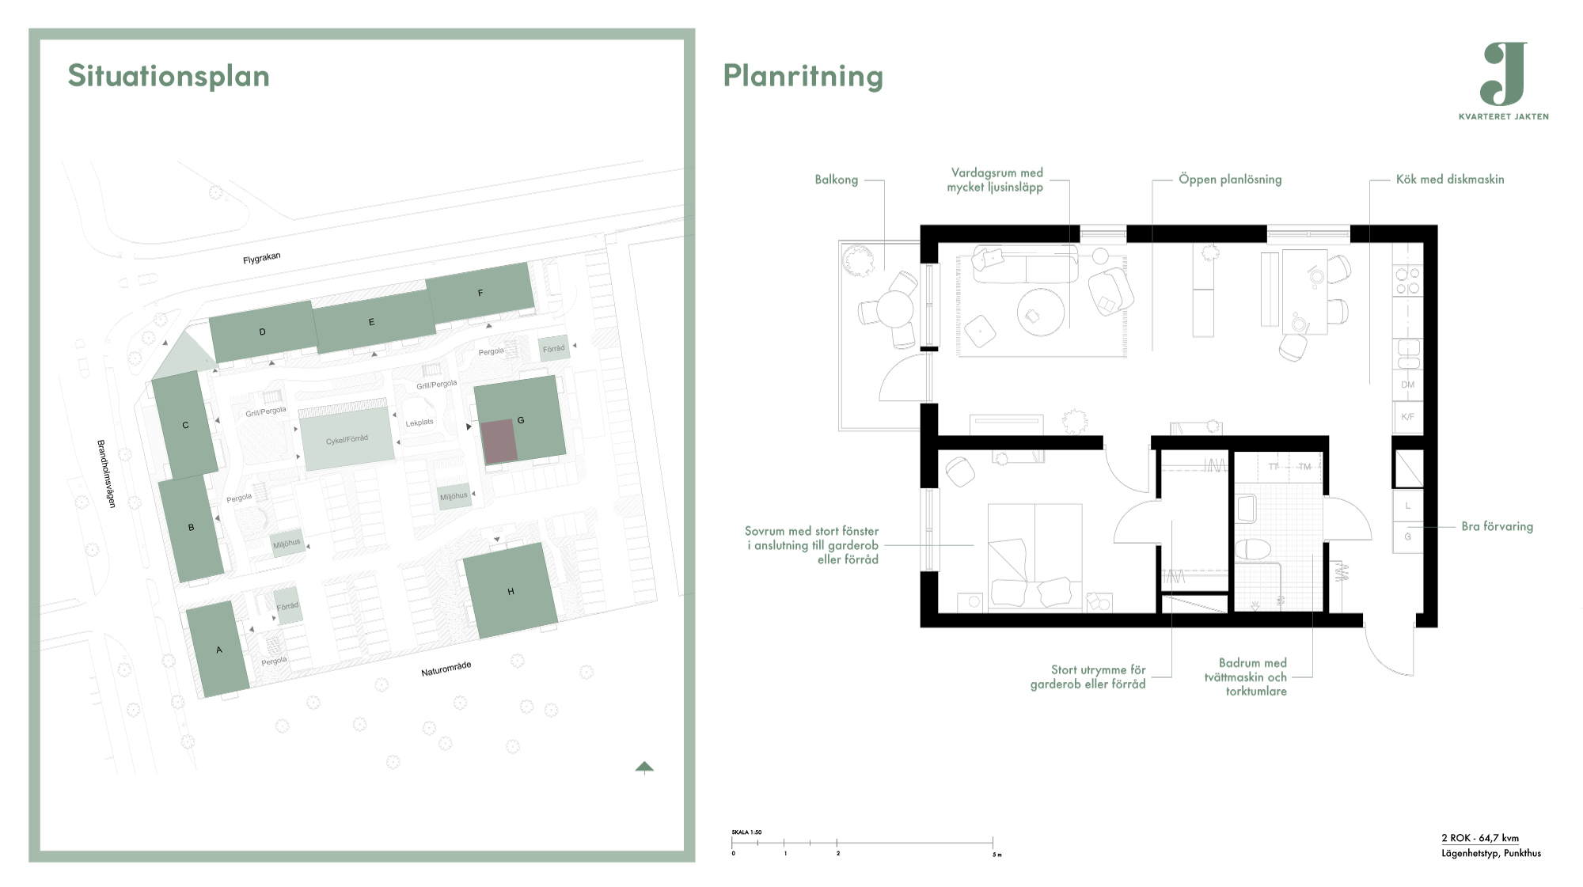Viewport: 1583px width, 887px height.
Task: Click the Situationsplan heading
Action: tap(169, 76)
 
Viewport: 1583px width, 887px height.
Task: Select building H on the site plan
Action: tap(510, 590)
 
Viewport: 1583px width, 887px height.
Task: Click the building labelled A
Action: tap(218, 649)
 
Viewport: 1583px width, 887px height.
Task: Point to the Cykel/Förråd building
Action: tap(347, 438)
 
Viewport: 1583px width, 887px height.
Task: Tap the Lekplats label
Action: tap(419, 423)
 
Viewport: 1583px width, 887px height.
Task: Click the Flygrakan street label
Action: tap(261, 259)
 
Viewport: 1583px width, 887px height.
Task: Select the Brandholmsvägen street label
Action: tap(106, 473)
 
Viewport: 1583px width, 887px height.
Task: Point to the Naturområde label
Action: tap(446, 669)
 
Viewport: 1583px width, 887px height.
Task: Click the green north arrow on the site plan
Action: tap(644, 767)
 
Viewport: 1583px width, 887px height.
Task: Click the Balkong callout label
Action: tap(836, 180)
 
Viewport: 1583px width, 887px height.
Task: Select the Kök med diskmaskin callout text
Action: tap(1449, 180)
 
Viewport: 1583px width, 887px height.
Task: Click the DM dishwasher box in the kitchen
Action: tap(1407, 385)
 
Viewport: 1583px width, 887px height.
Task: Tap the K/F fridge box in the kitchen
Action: tap(1407, 417)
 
